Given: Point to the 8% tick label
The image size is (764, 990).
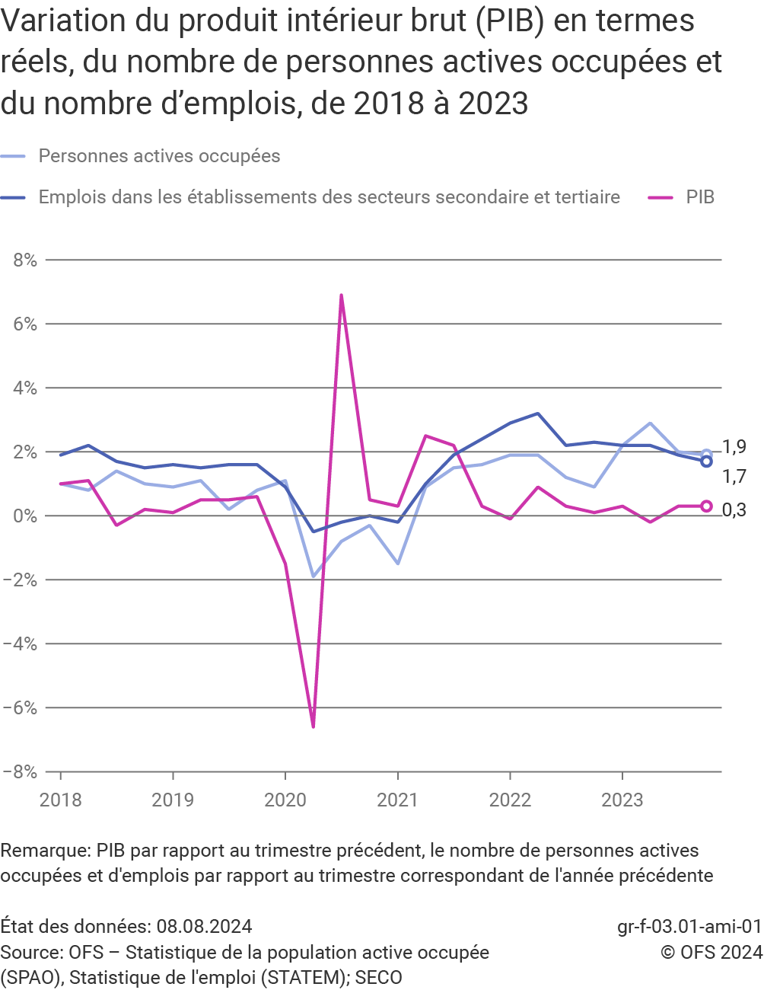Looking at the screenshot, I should coord(25,260).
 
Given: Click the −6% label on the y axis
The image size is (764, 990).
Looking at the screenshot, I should coord(21,707).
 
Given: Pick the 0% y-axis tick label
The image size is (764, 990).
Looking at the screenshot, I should coord(25,516).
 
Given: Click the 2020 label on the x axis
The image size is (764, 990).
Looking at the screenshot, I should coord(285,800).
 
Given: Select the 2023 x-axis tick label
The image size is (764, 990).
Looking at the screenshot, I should coord(622,800).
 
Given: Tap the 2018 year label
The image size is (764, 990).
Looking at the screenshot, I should coord(61,800).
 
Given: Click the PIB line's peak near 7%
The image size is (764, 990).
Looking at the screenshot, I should coord(341,295).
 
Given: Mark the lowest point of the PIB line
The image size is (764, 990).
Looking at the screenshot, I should coord(313,727).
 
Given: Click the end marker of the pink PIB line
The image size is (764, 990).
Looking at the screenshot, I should coord(706,506).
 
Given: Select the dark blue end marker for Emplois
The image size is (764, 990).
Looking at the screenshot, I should coord(706,461).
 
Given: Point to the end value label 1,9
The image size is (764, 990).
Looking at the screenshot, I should coord(734,447).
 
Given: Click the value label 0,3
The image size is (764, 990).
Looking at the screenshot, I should coord(734,510).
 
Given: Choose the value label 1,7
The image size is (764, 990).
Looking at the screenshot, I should coord(734,477).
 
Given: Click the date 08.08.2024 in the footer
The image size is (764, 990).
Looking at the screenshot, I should coord(204,926).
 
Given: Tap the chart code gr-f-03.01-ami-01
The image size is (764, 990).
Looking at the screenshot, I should coord(689,926).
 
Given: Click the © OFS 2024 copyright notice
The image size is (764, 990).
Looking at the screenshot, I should coord(711,952).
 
